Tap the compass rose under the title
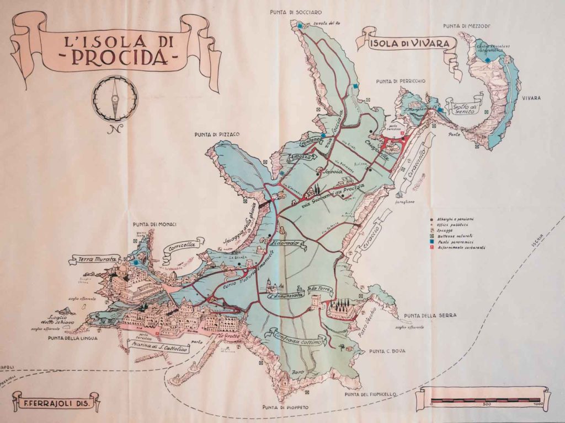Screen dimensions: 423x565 [x=115, y=99]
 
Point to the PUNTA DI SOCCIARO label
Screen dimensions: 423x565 [x=296, y=12]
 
